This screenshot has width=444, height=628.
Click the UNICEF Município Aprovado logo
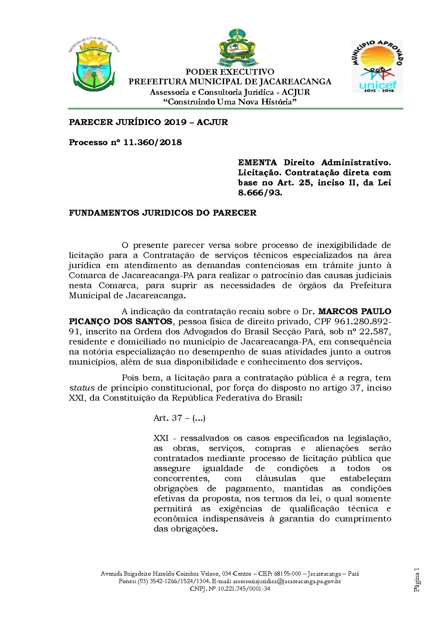tap(377, 66)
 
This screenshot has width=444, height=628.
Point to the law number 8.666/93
tap(260, 193)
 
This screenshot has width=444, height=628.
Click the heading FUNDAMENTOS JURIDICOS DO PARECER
tap(162, 213)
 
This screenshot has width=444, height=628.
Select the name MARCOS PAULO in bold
tap(355, 311)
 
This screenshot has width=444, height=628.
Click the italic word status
tap(82, 388)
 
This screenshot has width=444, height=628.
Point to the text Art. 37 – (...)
tap(179, 418)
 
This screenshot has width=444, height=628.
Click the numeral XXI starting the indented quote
tap(161, 438)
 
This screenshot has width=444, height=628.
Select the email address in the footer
tap(287, 581)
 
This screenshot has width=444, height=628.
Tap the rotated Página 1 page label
tap(416, 580)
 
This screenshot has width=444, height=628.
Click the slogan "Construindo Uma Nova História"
tap(230, 102)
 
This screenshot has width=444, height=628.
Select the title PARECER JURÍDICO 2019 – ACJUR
tap(148, 122)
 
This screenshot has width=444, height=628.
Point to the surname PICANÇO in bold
tap(89, 321)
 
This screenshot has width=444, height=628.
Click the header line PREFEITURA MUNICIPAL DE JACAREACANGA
tap(230, 82)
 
